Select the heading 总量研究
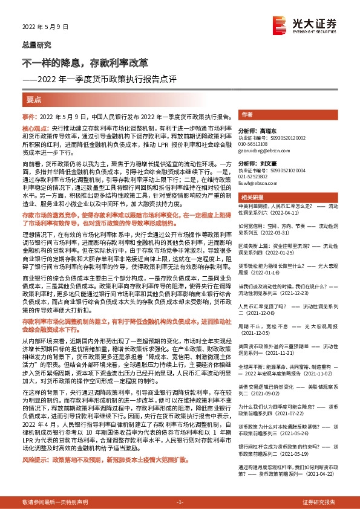37,45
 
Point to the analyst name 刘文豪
266,164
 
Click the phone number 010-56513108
255,144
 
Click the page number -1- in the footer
180,502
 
